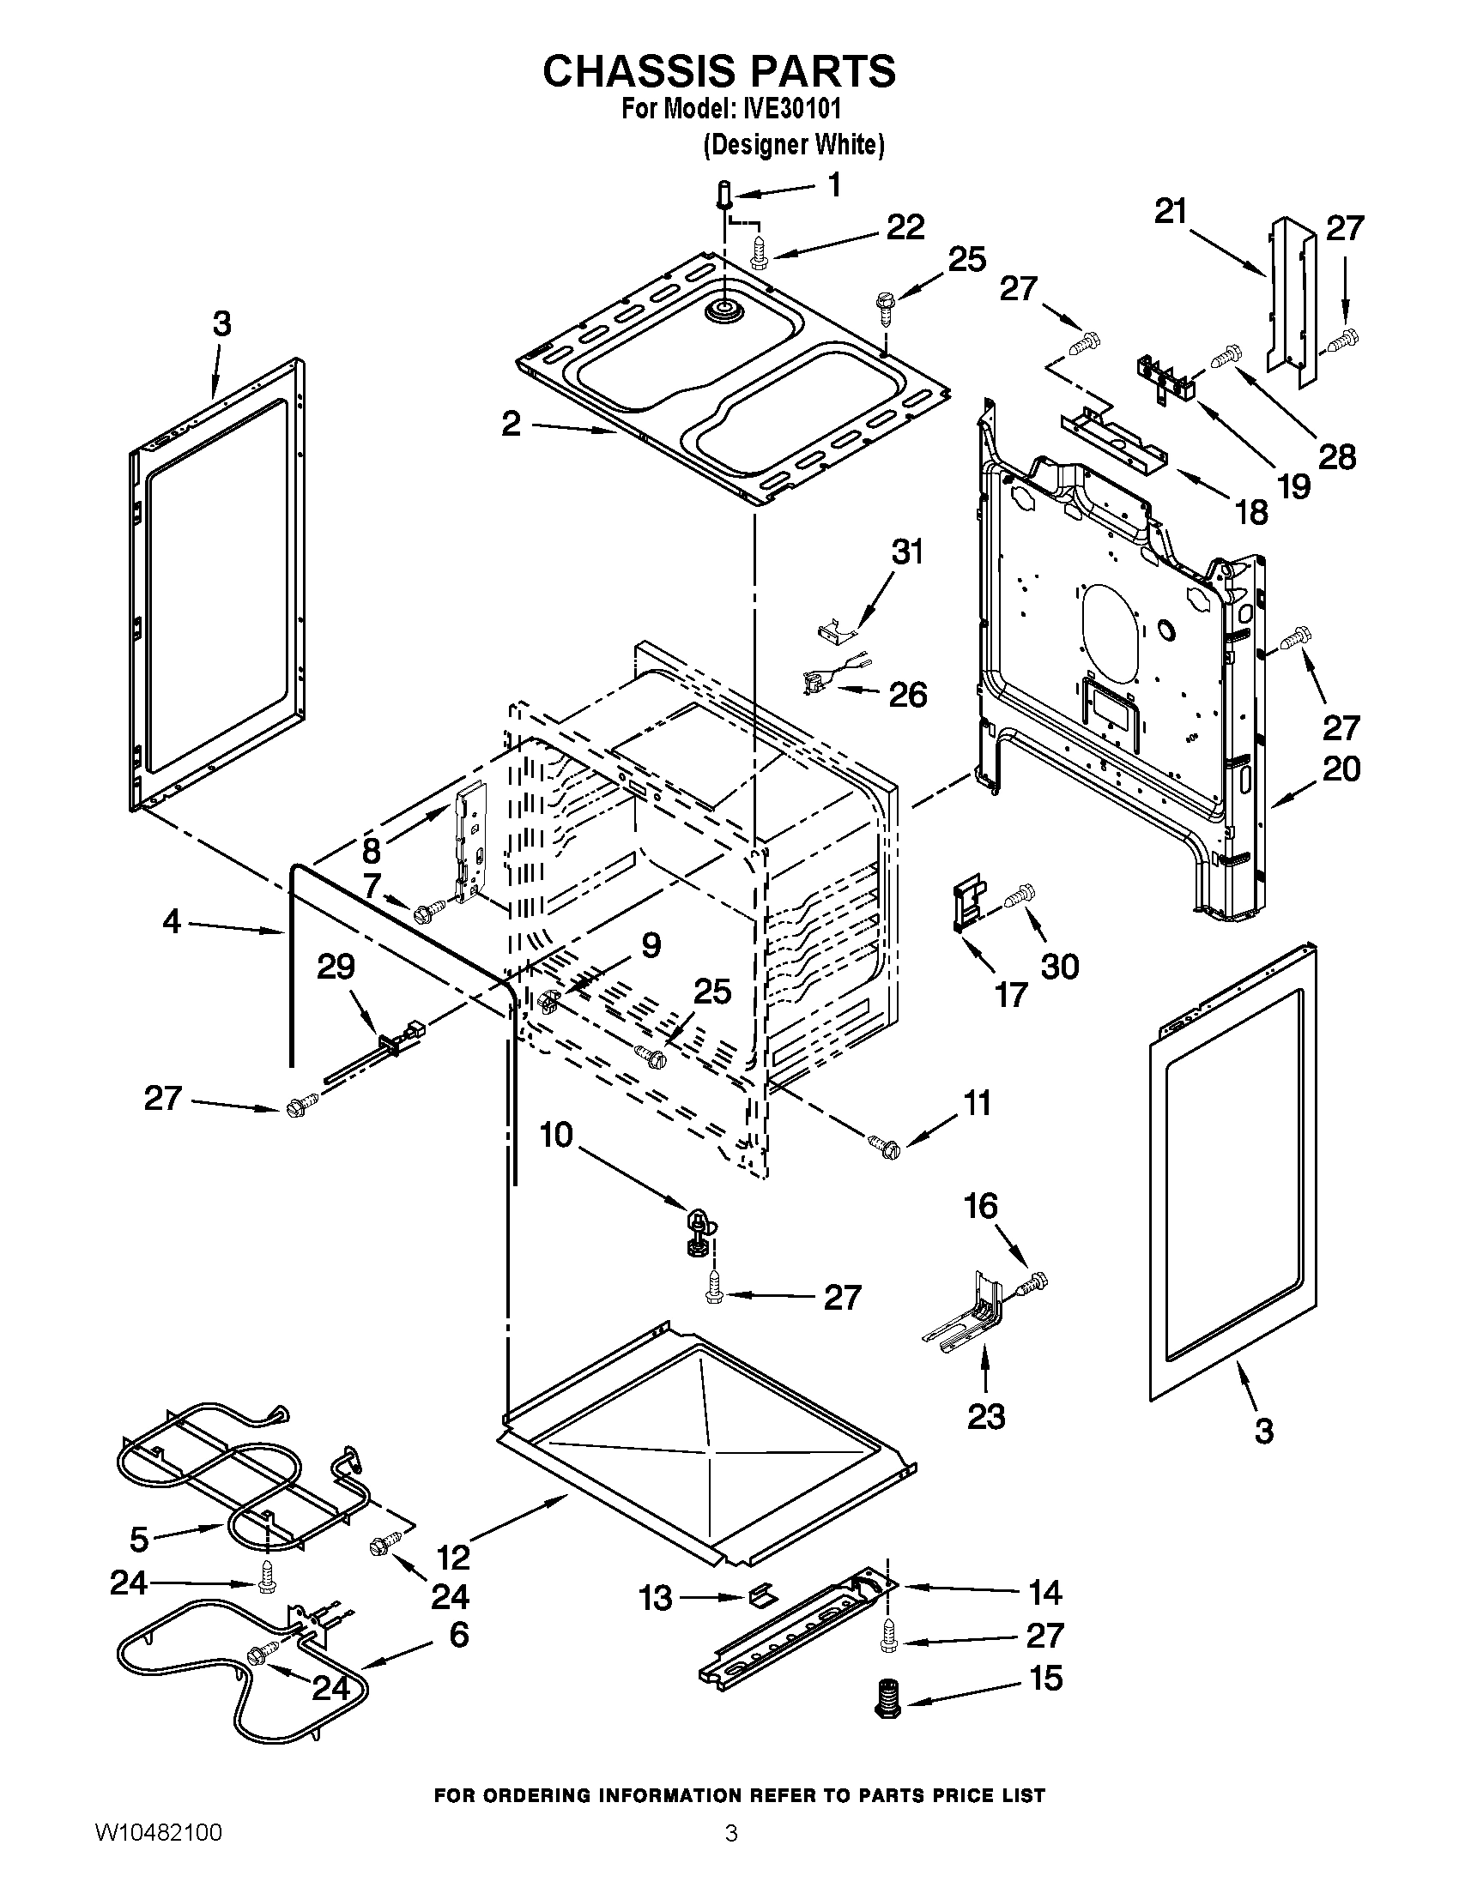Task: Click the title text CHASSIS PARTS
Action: click(x=719, y=71)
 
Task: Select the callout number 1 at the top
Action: click(x=834, y=185)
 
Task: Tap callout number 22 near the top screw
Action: click(x=905, y=227)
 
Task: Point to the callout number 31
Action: click(x=906, y=552)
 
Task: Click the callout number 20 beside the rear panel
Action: click(x=1341, y=769)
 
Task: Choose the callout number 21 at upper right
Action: click(x=1171, y=212)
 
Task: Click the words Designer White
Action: click(x=794, y=144)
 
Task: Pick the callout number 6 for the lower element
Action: click(x=458, y=1634)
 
